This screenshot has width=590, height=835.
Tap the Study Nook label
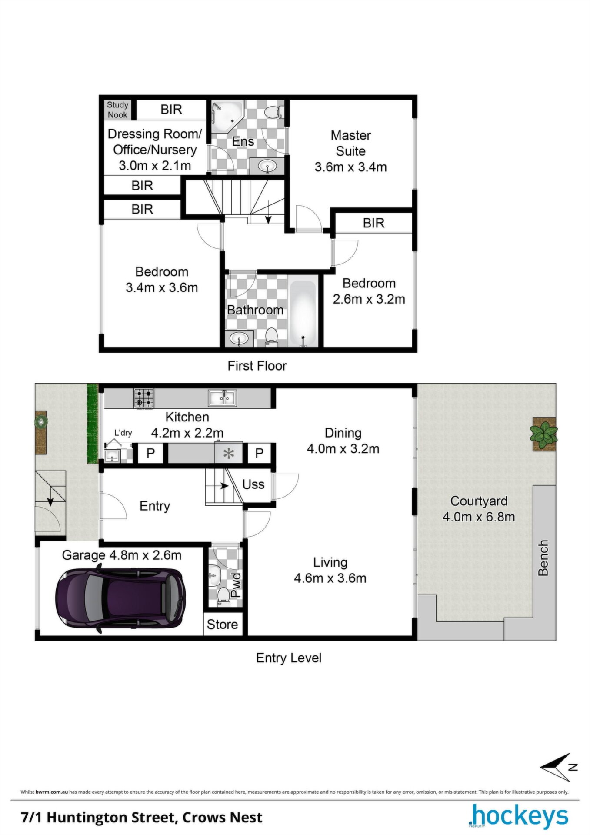(x=118, y=110)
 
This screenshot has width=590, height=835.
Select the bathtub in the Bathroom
(x=303, y=314)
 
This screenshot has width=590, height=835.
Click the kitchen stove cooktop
(x=144, y=398)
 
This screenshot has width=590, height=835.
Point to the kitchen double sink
(x=222, y=397)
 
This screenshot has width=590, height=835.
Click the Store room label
(x=222, y=625)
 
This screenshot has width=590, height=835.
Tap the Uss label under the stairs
(x=253, y=484)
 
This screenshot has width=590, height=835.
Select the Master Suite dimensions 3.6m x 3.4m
(x=350, y=167)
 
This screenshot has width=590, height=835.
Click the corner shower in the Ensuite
(x=226, y=116)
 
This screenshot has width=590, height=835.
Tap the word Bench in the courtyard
(x=543, y=558)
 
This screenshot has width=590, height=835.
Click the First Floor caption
(x=257, y=366)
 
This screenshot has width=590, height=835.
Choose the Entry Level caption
(x=289, y=658)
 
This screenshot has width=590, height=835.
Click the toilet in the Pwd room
(x=223, y=596)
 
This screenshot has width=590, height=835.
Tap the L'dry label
(x=123, y=433)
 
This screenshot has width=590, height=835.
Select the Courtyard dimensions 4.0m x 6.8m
(x=479, y=517)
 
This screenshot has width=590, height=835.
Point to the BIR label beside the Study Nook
(x=171, y=109)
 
